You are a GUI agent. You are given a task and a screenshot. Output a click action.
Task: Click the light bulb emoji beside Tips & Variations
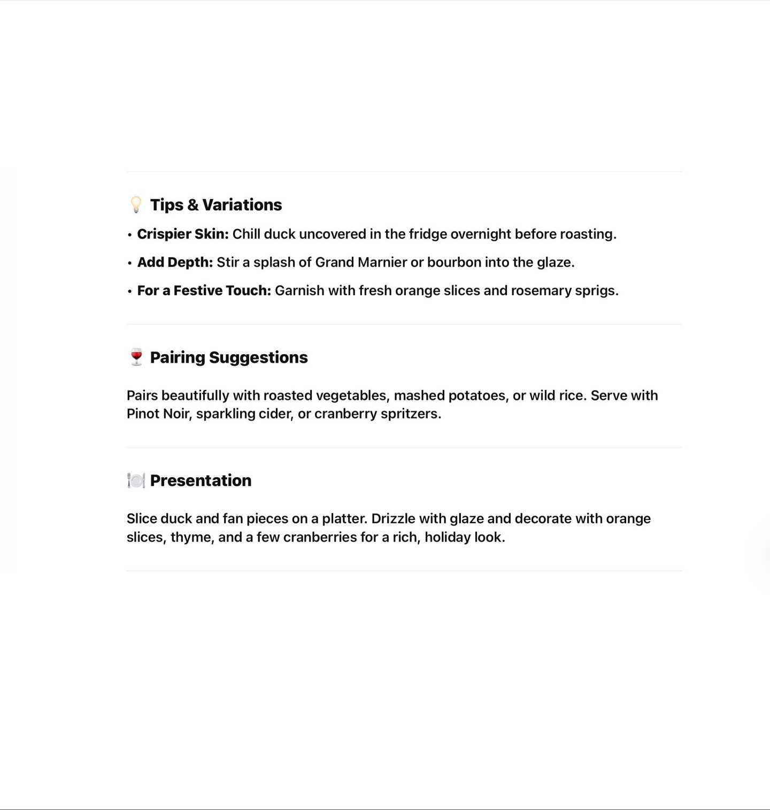click(136, 204)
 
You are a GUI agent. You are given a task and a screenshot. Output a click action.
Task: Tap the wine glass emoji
click(136, 357)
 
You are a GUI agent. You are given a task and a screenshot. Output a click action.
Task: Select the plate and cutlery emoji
click(136, 480)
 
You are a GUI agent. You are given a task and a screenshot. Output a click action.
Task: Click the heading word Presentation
click(201, 480)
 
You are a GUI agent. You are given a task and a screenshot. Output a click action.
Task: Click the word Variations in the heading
click(242, 205)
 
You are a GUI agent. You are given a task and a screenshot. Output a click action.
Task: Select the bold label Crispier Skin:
click(183, 234)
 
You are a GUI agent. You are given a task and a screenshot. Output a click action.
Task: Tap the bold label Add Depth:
click(175, 263)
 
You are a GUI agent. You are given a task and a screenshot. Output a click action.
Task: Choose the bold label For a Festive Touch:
click(204, 291)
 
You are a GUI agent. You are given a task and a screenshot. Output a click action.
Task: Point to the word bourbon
click(454, 263)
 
